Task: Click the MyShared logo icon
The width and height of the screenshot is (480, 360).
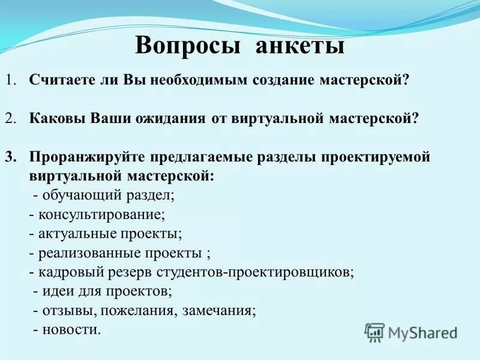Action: pyautogui.click(x=374, y=332)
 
